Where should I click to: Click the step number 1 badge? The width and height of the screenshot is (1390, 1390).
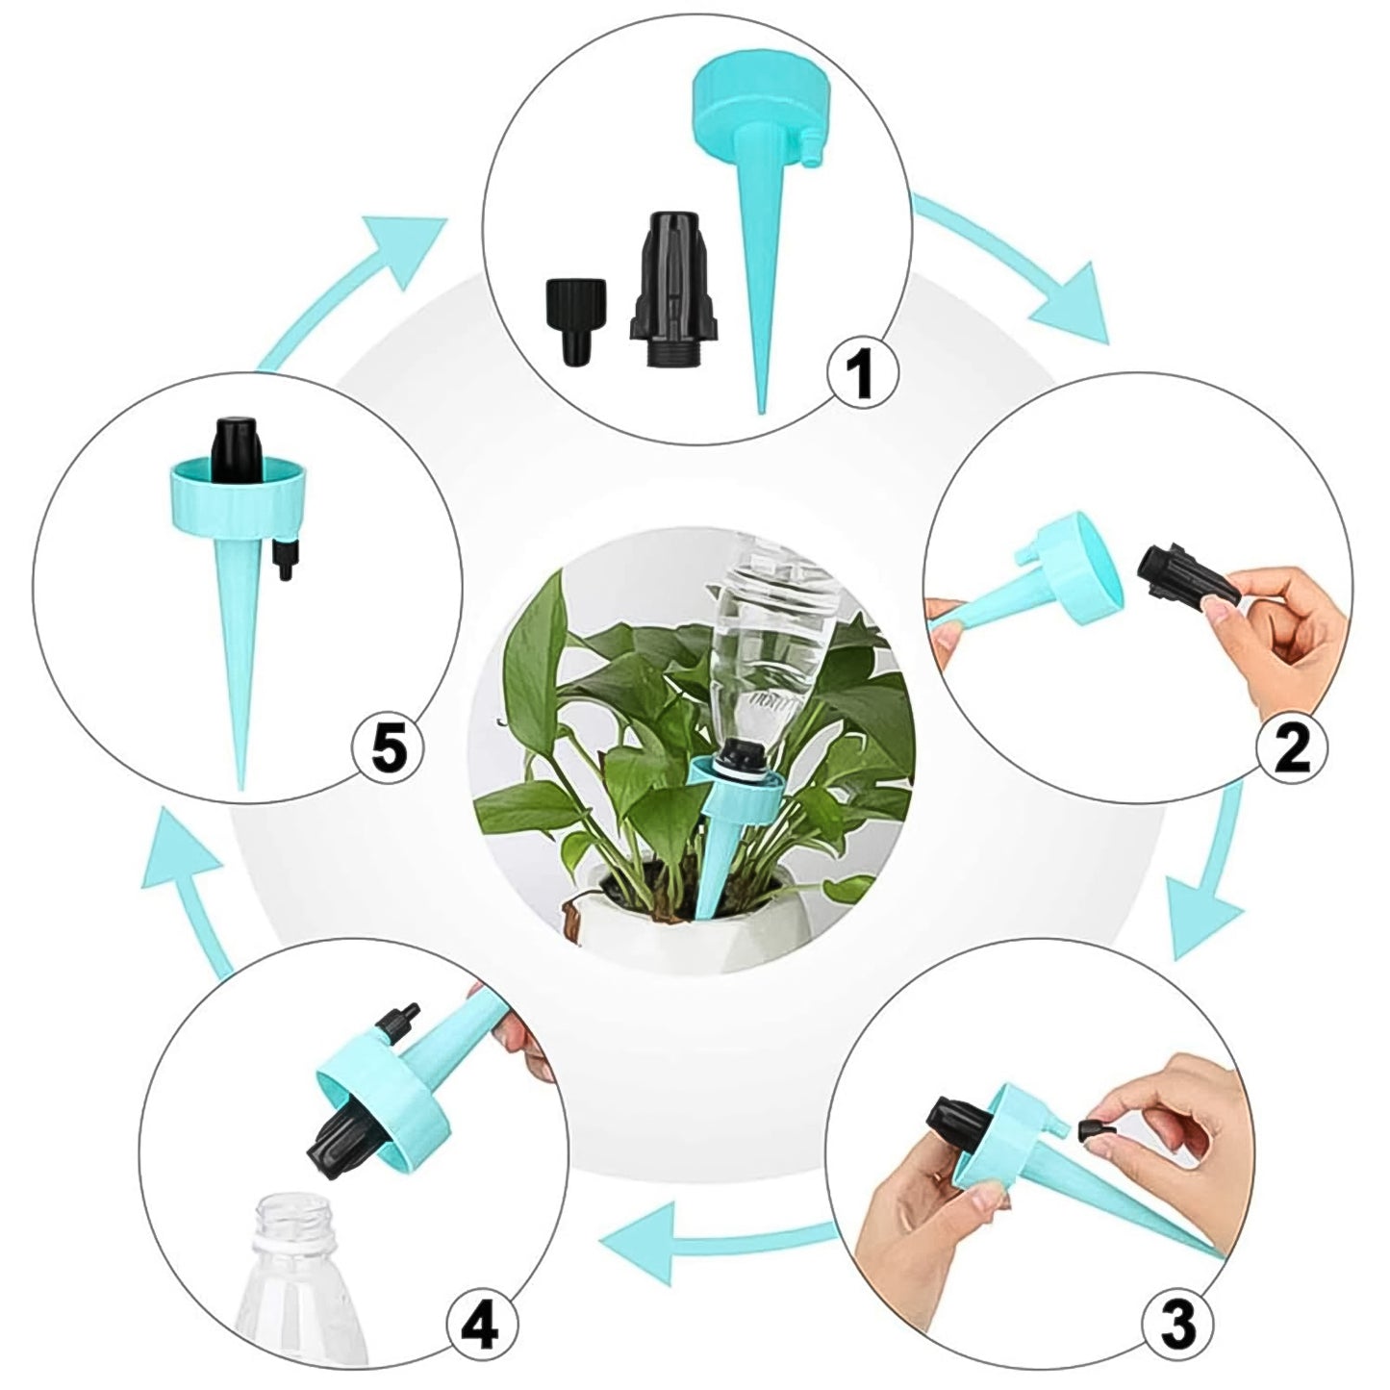point(863,374)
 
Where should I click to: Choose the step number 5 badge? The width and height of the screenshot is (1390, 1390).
point(389,748)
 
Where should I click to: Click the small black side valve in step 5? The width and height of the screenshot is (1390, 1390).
point(282,557)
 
